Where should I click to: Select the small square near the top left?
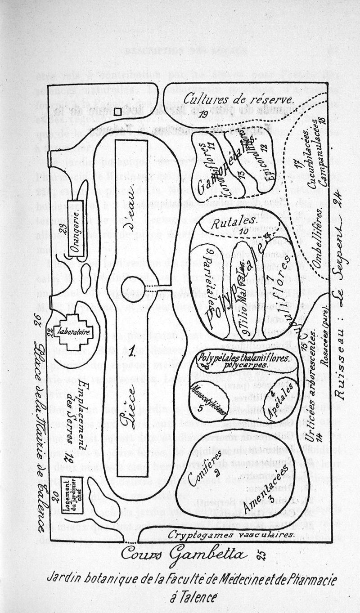(x=118, y=112)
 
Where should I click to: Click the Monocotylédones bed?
(x=206, y=398)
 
